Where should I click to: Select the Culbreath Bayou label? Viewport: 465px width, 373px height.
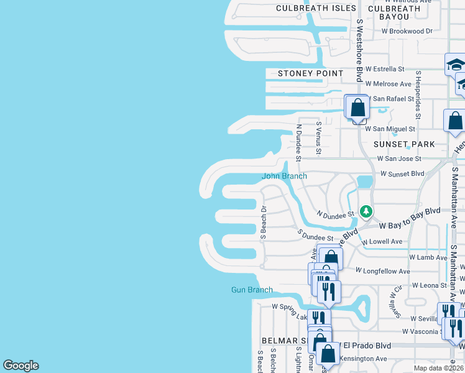click(394, 12)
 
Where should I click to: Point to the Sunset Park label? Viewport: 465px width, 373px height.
click(404, 144)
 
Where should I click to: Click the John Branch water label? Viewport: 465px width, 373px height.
click(284, 176)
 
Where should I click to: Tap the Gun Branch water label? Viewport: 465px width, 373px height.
click(252, 290)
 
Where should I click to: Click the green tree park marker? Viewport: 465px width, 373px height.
click(366, 211)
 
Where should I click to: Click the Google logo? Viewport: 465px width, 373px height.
click(21, 366)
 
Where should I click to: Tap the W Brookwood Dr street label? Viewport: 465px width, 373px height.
click(407, 30)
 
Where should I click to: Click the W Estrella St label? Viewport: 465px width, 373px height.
click(385, 69)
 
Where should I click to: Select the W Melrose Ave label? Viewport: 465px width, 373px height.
click(389, 84)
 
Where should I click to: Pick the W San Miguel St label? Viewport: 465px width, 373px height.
click(390, 129)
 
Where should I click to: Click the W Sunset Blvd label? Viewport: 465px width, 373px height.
click(401, 174)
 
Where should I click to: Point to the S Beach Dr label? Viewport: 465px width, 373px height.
click(263, 223)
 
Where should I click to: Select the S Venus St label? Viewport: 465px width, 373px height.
click(318, 137)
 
